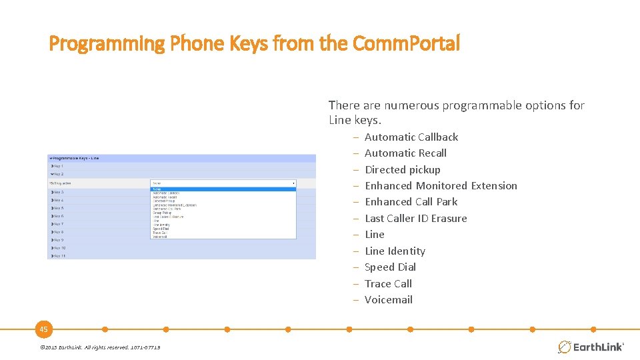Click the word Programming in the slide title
(x=107, y=44)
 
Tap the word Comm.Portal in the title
(x=406, y=44)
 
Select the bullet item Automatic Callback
(x=411, y=137)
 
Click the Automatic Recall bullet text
(x=405, y=153)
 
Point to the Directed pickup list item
(x=402, y=170)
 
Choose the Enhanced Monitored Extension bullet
(x=441, y=186)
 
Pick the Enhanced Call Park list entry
(x=411, y=202)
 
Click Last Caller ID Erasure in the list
(x=415, y=219)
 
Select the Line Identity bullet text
(x=395, y=251)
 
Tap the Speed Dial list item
(x=390, y=267)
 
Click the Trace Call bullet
(x=388, y=284)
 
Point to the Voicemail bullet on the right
(x=388, y=300)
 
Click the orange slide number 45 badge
(x=43, y=329)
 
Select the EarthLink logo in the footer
(x=590, y=347)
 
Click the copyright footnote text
(x=99, y=347)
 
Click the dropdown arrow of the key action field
(x=293, y=183)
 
